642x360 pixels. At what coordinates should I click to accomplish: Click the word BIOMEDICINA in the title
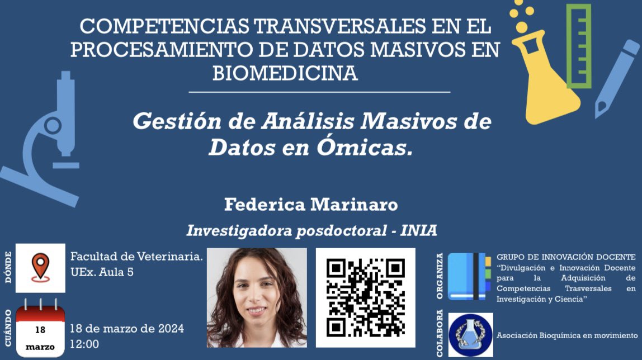[285, 73]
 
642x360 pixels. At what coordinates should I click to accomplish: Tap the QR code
[366, 297]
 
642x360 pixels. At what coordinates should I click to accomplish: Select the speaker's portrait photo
[257, 297]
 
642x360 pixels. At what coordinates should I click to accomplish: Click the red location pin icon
[40, 268]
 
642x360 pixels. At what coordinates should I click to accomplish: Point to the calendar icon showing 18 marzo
[40, 330]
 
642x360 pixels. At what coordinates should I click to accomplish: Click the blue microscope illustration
[50, 140]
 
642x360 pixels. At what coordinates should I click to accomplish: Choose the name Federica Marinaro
[311, 205]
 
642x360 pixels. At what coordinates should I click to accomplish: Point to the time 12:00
[84, 344]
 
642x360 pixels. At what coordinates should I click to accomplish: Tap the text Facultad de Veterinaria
[136, 257]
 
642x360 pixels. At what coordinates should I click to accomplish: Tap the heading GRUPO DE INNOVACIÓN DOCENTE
[566, 257]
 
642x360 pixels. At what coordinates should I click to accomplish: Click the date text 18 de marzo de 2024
[127, 329]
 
